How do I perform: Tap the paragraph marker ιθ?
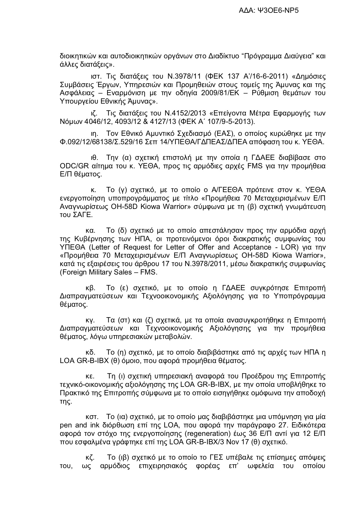[x=94, y=158]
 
